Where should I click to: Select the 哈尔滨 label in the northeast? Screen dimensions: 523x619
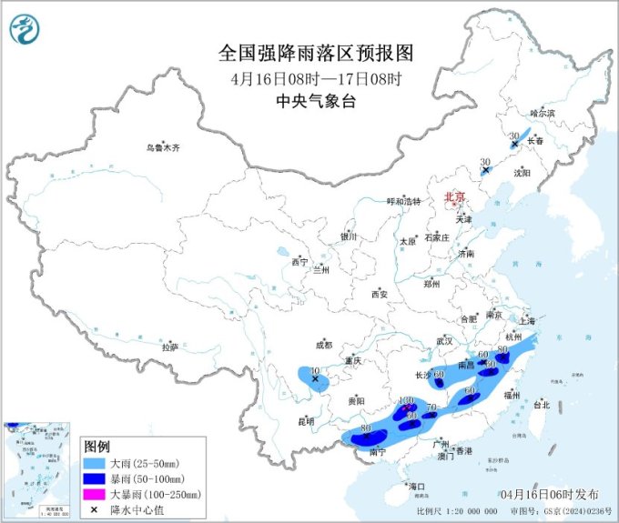tap(542, 114)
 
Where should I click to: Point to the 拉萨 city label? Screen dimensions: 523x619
tap(170, 347)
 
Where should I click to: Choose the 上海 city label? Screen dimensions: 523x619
tap(525, 321)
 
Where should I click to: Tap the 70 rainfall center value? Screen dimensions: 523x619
tap(433, 407)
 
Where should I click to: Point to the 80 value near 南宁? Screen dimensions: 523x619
tap(365, 427)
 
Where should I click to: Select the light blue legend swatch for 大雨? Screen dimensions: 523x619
tap(95, 463)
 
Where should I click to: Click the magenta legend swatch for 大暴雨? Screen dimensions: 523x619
tap(95, 494)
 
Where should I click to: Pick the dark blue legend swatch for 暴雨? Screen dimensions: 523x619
tap(95, 478)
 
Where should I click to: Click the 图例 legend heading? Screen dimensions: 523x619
tap(96, 447)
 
